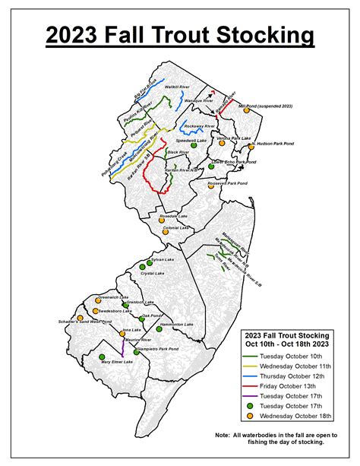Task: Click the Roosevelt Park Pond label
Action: point(228,182)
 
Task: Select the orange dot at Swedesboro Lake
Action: point(96,311)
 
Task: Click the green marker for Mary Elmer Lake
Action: point(100,357)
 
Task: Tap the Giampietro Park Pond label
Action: point(159,349)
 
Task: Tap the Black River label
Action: point(178,153)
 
